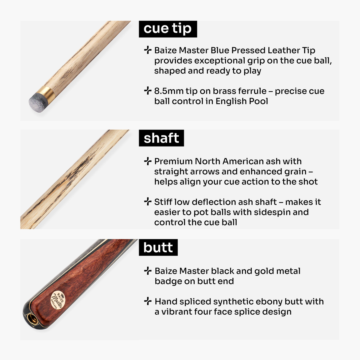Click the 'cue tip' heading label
[x=168, y=29]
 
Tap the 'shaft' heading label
[x=161, y=138]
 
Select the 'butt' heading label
[x=158, y=248]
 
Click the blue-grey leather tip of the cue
[x=36, y=101]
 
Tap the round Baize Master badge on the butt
[x=57, y=300]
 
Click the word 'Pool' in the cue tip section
[x=259, y=101]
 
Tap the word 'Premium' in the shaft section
[x=173, y=161]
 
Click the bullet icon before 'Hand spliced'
[x=147, y=301]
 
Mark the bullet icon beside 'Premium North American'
[x=147, y=161]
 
